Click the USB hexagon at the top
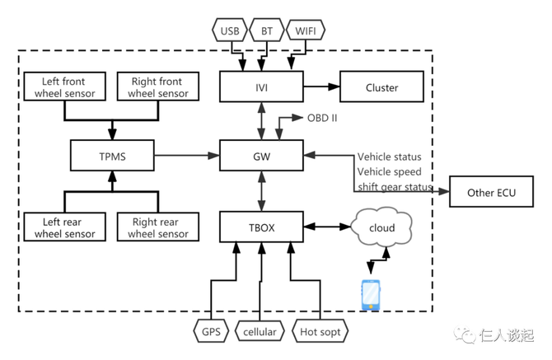228,31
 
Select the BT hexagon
265,31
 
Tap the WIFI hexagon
306,31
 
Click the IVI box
260,87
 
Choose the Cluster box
381,87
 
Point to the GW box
260,155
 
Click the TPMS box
111,155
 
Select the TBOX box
260,227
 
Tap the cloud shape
381,227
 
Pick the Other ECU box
491,194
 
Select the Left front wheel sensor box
65,87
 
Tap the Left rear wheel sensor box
65,227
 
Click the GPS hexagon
212,332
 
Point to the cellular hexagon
260,332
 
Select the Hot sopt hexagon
320,332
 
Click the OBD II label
322,118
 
